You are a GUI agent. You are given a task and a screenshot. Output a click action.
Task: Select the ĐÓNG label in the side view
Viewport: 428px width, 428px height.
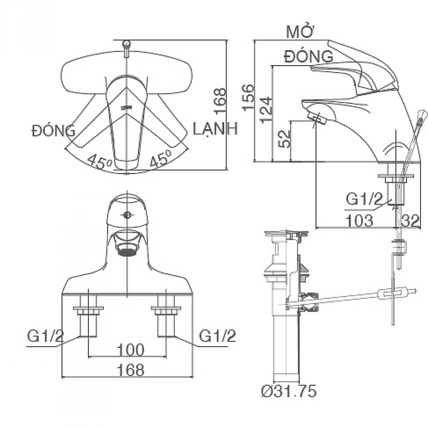(309, 57)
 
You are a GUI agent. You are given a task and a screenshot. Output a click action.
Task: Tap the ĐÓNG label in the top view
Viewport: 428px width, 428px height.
(54, 130)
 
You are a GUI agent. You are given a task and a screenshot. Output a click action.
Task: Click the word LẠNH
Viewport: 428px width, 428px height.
(215, 129)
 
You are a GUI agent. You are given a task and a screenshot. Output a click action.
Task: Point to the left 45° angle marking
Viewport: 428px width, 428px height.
(99, 162)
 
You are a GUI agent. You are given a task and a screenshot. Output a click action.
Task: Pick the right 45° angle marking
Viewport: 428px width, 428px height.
(160, 160)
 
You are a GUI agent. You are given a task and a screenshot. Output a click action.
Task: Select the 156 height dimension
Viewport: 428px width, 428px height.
(248, 97)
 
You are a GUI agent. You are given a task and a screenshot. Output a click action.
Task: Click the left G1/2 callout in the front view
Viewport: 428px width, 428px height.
(45, 336)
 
